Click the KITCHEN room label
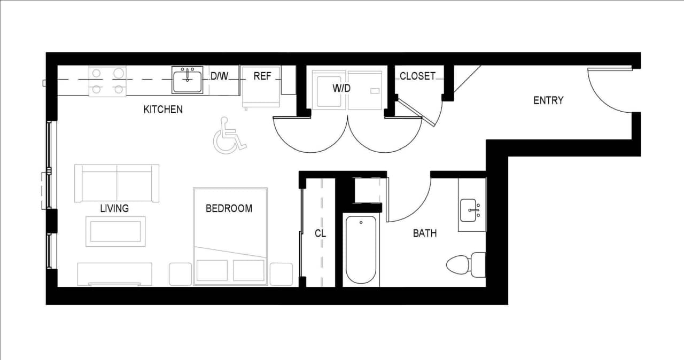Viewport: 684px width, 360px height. [x=163, y=109]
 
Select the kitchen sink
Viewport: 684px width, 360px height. [x=187, y=80]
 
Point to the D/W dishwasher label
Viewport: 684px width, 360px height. [x=219, y=76]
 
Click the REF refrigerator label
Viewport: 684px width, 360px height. [x=262, y=76]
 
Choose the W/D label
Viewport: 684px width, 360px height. [x=341, y=88]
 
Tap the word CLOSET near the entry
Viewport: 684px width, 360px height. [x=417, y=76]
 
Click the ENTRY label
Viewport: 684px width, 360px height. [x=548, y=100]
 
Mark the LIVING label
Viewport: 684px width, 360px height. [x=114, y=208]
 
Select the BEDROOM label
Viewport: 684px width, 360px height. [x=229, y=208]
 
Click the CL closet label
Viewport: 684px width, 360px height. [x=320, y=233]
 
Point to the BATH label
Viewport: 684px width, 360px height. [x=425, y=233]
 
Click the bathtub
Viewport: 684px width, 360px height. [x=361, y=250]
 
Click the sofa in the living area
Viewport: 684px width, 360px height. [x=116, y=182]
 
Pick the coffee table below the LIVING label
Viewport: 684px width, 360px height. [x=115, y=231]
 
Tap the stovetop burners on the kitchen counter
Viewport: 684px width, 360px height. [x=107, y=81]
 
